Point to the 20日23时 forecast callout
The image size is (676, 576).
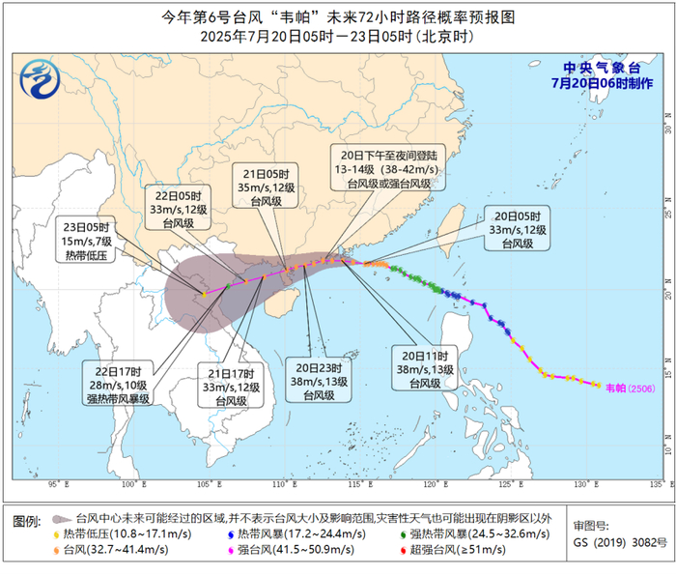320,380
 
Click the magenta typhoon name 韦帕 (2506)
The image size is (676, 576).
629,387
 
